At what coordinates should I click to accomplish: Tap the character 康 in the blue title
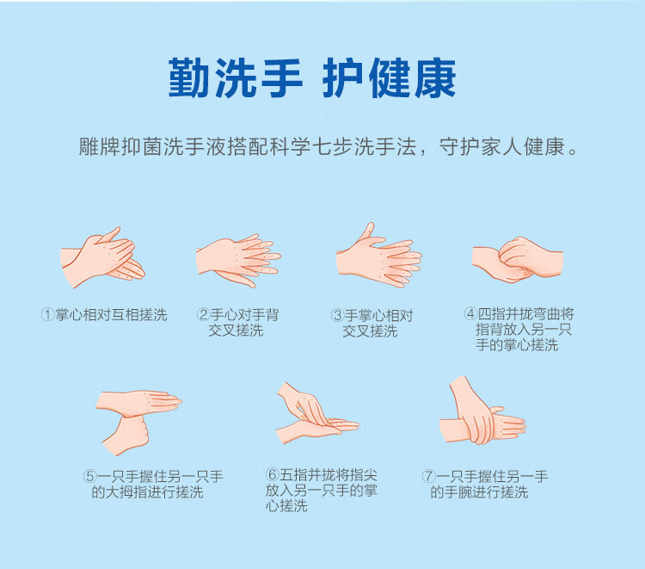(x=435, y=78)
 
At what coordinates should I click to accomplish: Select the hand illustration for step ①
(x=102, y=257)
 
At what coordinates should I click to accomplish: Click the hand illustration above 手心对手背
(x=238, y=260)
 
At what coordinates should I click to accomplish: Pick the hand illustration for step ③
(x=379, y=256)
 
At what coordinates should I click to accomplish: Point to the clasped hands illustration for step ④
(x=518, y=259)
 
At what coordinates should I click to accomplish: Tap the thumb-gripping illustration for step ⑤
(x=138, y=423)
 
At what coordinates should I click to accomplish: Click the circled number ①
(x=47, y=315)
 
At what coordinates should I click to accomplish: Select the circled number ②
(x=203, y=315)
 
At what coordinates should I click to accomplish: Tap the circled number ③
(x=337, y=316)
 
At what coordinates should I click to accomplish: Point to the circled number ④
(x=470, y=313)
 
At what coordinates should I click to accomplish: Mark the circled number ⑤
(x=90, y=476)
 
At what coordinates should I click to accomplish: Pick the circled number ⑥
(x=273, y=474)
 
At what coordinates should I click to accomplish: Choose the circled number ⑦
(x=428, y=476)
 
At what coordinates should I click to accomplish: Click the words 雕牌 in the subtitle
(x=100, y=146)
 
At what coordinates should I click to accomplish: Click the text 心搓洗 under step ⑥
(x=286, y=506)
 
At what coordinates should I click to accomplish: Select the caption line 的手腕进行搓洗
(x=479, y=492)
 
